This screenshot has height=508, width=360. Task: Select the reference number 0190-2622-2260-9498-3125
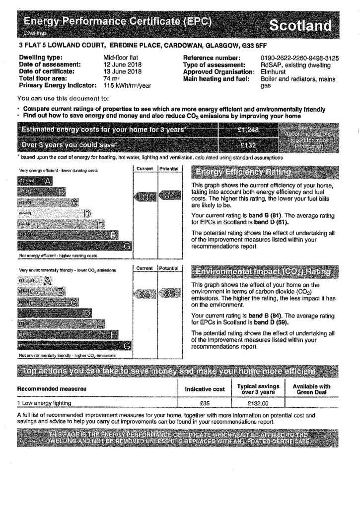pyautogui.click(x=299, y=58)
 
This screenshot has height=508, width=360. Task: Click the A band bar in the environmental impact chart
pyautogui.click(x=35, y=281)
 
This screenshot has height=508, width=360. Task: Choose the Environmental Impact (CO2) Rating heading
pyautogui.click(x=263, y=272)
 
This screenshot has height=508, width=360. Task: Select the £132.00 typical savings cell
pyautogui.click(x=258, y=403)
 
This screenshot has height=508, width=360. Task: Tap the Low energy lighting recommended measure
pyautogui.click(x=45, y=403)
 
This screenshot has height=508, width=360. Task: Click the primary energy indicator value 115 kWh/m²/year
pyautogui.click(x=127, y=85)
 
